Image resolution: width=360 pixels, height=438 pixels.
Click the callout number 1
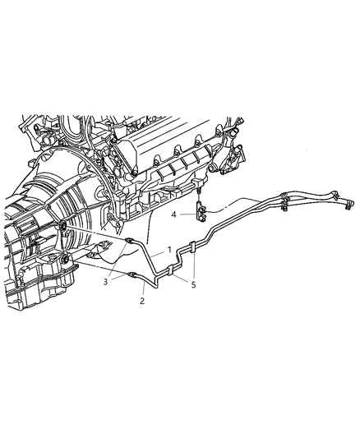[169, 248]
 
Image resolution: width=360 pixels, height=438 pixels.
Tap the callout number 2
[141, 302]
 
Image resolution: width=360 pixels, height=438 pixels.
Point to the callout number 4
[173, 214]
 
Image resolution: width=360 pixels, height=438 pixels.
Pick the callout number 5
[194, 285]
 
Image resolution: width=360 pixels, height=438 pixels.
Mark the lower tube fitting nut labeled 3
[132, 275]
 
